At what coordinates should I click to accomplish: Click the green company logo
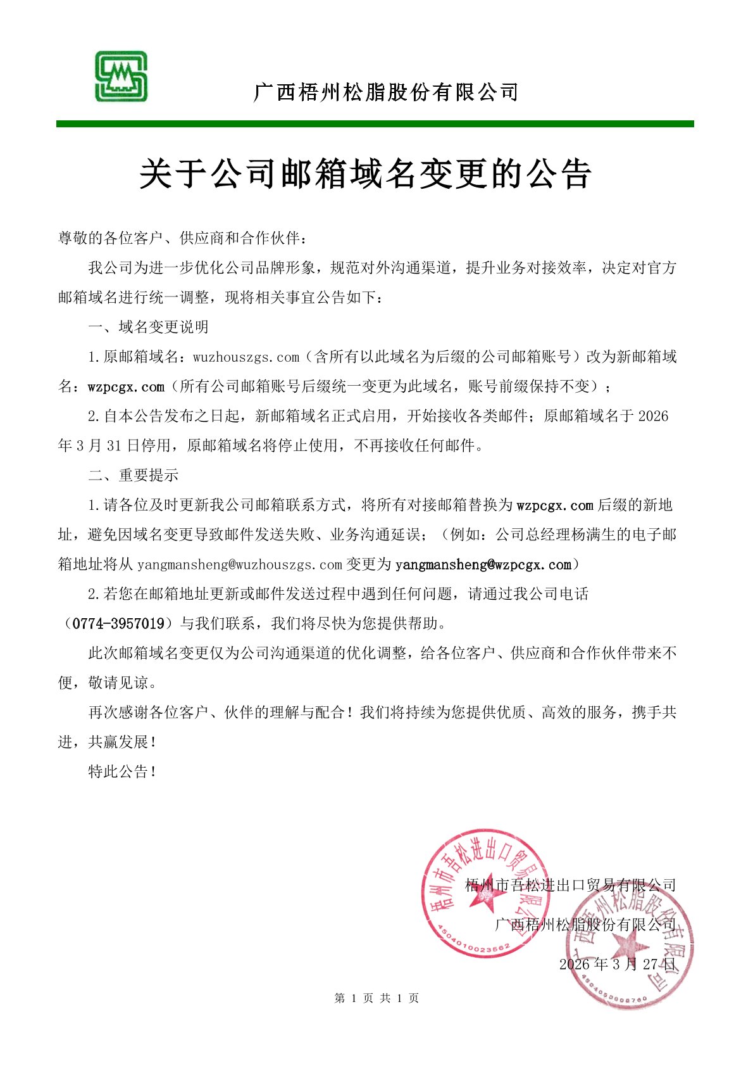click(x=121, y=77)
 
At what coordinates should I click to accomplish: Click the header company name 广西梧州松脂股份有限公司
click(x=385, y=92)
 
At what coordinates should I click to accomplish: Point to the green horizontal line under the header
click(x=375, y=124)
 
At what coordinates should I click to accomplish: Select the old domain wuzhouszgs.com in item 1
click(x=246, y=357)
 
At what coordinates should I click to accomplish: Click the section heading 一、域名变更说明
click(x=148, y=327)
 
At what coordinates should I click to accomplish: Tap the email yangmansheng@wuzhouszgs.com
click(x=240, y=564)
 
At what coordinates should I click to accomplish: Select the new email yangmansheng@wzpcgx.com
click(x=483, y=564)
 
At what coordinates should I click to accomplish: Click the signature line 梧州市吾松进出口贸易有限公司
click(x=571, y=885)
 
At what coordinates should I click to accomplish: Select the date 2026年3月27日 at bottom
click(x=618, y=965)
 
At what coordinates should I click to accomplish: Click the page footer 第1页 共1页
click(x=376, y=999)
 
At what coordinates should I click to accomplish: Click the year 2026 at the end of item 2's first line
click(x=653, y=416)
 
